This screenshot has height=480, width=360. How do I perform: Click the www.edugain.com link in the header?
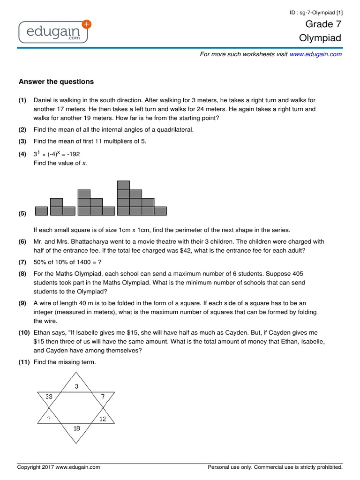[x=315, y=54]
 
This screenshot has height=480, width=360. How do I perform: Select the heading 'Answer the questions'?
[x=56, y=82]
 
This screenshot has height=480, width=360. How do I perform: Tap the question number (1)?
[x=22, y=100]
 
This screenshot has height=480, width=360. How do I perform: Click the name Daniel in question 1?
[x=43, y=100]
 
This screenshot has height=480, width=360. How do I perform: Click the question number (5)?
[x=22, y=214]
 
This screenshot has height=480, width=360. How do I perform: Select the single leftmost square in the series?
[x=41, y=211]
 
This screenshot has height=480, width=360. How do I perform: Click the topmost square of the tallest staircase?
[x=123, y=185]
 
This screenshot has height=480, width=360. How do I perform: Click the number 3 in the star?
[x=77, y=386]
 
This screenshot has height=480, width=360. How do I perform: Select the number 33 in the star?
[x=49, y=397]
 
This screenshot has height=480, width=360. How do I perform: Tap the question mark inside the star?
[x=48, y=419]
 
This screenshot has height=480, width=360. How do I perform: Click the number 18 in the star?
[x=77, y=428]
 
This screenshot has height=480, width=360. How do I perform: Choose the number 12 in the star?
[x=103, y=419]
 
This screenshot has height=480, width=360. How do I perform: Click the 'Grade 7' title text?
[x=323, y=24]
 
